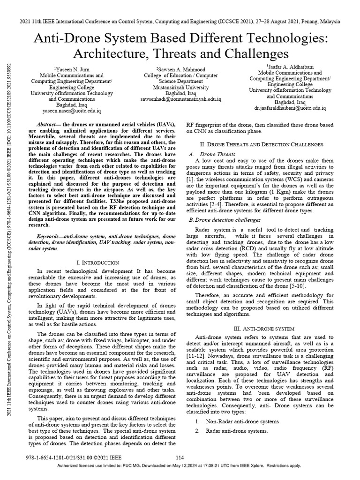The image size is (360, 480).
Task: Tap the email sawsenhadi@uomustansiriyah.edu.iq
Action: [180, 100]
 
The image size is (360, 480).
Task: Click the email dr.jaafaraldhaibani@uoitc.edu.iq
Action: [290, 108]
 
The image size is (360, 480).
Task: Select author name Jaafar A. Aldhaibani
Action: [288, 67]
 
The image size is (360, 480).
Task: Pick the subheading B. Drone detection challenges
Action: [221, 219]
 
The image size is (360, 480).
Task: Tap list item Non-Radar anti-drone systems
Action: [242, 421]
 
